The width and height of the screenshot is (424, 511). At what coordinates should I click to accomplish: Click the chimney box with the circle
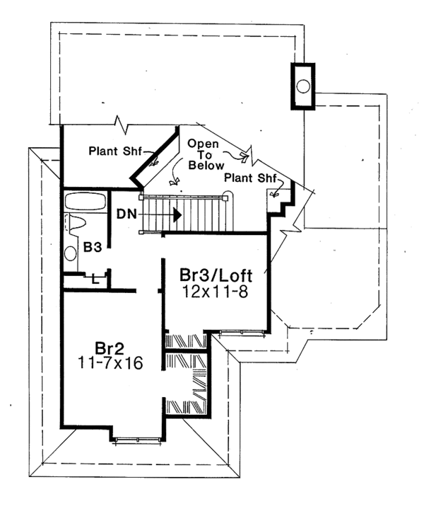(302, 86)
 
